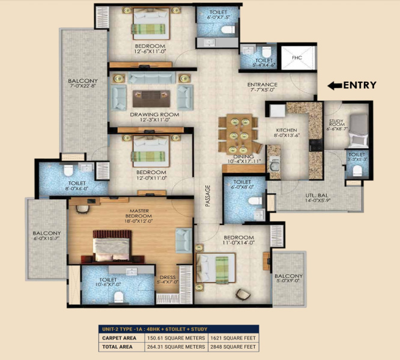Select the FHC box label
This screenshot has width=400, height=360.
pyautogui.click(x=297, y=58)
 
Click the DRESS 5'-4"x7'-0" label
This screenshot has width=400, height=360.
pyautogui.click(x=168, y=279)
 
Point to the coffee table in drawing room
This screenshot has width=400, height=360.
pyautogui.click(x=147, y=95)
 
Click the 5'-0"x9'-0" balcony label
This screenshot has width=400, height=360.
pyautogui.click(x=289, y=278)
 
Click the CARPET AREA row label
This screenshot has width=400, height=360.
pyautogui.click(x=120, y=338)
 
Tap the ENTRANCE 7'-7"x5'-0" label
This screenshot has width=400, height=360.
pyautogui.click(x=262, y=88)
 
